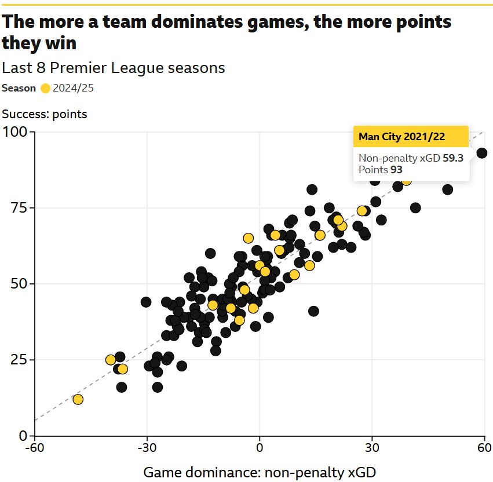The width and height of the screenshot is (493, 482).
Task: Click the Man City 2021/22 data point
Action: click(x=481, y=153)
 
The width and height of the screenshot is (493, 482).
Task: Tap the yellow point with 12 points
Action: click(x=78, y=399)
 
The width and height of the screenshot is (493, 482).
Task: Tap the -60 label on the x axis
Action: click(x=35, y=448)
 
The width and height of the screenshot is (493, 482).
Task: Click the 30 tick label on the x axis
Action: click(x=372, y=448)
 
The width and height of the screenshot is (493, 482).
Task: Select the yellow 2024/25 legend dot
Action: click(x=46, y=89)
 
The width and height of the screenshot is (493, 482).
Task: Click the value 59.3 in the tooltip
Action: click(x=453, y=158)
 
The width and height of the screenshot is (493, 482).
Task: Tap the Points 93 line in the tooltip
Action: click(x=381, y=170)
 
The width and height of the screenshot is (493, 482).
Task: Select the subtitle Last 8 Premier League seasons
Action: click(x=114, y=68)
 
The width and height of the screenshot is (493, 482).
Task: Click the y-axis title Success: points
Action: click(x=45, y=114)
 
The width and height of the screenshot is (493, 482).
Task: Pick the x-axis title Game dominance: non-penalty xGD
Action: click(x=260, y=472)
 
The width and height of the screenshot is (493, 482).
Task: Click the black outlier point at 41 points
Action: click(x=313, y=311)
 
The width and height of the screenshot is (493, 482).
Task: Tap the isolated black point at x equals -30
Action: click(x=146, y=302)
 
